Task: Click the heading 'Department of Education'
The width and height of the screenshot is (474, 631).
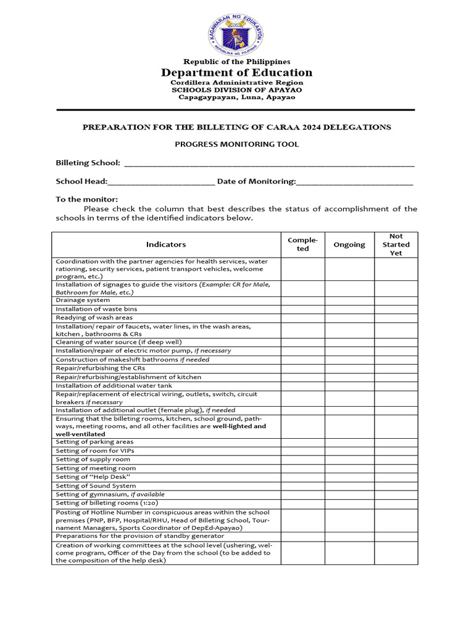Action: pos(237,73)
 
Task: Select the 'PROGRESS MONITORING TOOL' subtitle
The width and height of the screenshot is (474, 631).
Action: pos(237,144)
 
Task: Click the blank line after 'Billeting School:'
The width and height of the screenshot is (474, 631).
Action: pos(269,163)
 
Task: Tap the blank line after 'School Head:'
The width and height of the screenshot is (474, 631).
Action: pos(161,182)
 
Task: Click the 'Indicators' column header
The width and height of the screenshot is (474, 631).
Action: pos(166,245)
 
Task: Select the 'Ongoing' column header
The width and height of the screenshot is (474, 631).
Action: pos(349,245)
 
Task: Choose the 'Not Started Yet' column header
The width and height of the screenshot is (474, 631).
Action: pos(396,245)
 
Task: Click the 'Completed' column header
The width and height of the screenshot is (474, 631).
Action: pos(303,245)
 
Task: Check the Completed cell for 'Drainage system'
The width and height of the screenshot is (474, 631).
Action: pos(303,300)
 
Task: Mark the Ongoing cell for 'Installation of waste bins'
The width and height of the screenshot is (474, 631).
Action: pos(349,309)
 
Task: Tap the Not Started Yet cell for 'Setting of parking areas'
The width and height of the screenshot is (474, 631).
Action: pos(396,442)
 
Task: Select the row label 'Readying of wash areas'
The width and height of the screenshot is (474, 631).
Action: pos(94,317)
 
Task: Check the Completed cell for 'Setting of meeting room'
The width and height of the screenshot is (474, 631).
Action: pos(303,468)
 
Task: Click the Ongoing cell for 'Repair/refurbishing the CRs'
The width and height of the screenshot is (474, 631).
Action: pos(349,368)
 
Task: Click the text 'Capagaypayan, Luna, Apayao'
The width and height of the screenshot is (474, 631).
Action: pos(237,97)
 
